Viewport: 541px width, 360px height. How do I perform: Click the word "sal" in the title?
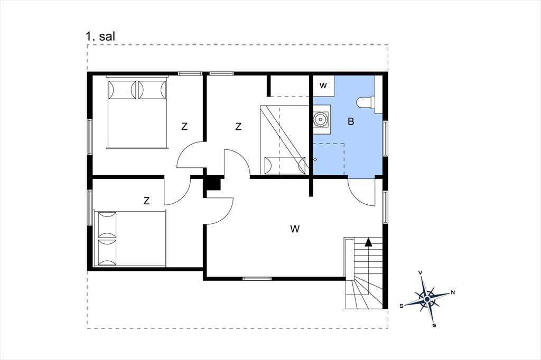tap(107, 36)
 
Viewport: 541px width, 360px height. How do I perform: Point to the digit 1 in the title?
tap(89, 36)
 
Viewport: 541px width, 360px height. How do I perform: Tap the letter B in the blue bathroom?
tap(351, 121)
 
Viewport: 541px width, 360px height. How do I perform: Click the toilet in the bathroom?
tap(365, 102)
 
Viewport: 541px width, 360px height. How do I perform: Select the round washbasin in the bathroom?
tap(321, 119)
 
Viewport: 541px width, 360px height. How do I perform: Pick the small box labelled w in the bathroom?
tap(323, 86)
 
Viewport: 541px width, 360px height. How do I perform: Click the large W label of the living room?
tap(295, 229)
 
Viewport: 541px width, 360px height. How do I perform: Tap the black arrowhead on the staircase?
tap(368, 242)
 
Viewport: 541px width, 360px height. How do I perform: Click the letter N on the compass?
tap(453, 293)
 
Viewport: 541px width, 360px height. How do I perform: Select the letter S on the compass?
tap(402, 306)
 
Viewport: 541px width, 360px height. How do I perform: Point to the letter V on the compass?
tap(420, 273)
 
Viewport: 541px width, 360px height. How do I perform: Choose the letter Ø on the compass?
tap(434, 325)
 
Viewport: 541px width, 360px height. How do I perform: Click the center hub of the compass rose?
tap(427, 299)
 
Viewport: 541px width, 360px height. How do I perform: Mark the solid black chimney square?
tap(213, 184)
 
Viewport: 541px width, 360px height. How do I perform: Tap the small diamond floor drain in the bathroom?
tap(315, 159)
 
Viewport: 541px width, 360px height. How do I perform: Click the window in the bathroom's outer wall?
tap(385, 139)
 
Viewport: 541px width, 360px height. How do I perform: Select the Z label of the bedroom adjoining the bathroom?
tap(238, 127)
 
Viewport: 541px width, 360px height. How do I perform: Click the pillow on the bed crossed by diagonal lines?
tap(285, 166)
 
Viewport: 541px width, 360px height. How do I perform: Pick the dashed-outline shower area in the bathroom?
tap(329, 159)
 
